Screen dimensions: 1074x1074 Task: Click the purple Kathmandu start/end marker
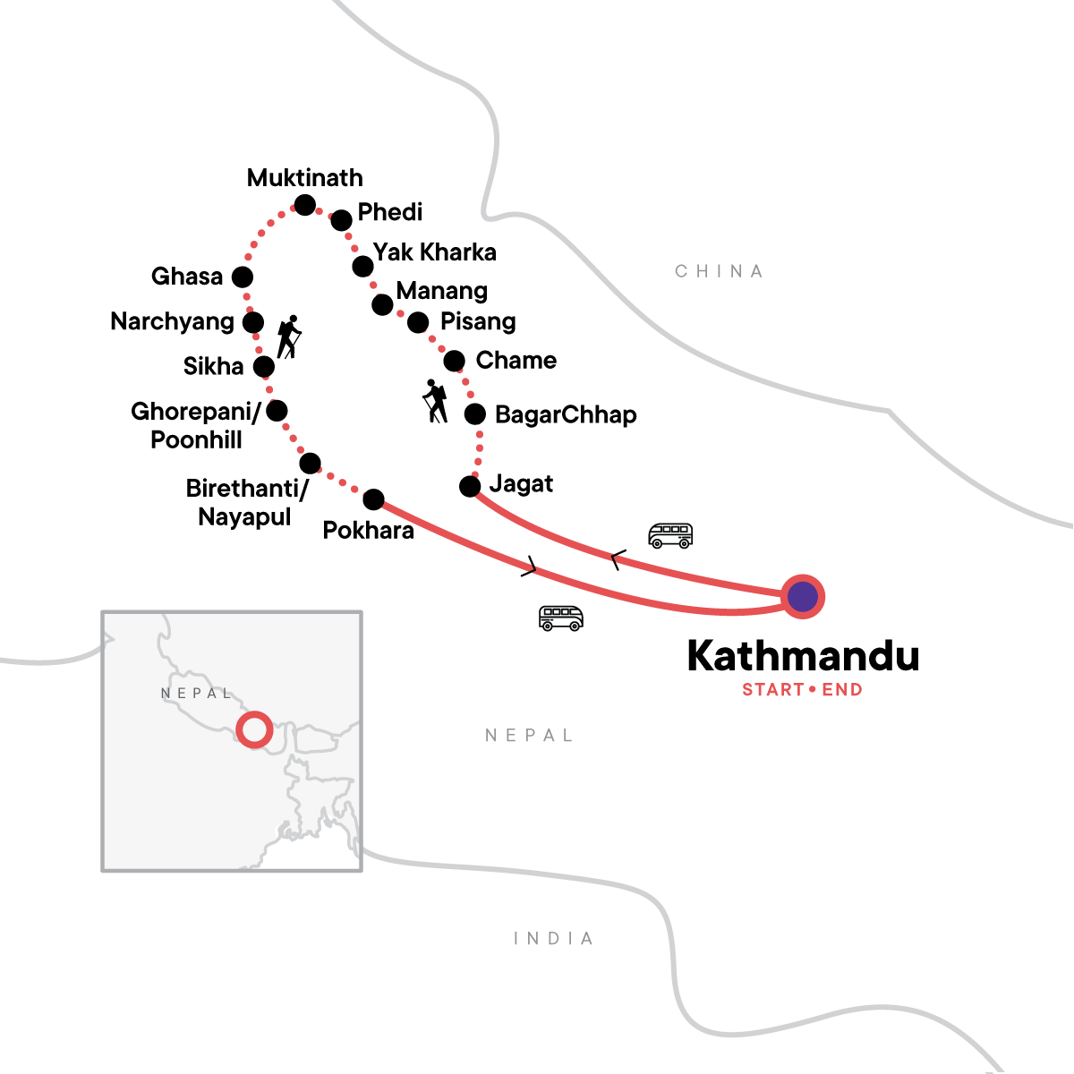(803, 596)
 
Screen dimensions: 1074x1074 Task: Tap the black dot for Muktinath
(305, 205)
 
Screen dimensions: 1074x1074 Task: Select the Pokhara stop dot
(373, 499)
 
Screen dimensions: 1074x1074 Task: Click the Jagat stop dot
(470, 486)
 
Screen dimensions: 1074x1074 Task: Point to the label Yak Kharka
(435, 252)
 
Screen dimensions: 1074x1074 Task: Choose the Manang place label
(442, 291)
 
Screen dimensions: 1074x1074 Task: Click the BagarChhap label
(566, 414)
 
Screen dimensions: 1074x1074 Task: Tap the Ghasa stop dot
(243, 277)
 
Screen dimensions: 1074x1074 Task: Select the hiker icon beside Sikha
(289, 337)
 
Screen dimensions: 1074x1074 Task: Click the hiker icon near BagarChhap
(436, 401)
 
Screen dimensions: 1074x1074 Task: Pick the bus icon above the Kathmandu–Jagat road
(670, 535)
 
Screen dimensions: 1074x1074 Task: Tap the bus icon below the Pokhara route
(561, 618)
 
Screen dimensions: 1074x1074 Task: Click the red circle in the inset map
(254, 729)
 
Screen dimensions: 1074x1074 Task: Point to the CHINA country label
(719, 271)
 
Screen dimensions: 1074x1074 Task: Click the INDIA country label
(553, 938)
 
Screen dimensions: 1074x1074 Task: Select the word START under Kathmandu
(773, 690)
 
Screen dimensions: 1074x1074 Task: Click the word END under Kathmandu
(842, 690)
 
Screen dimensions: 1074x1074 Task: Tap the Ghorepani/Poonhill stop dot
(277, 411)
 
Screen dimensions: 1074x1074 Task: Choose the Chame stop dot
(455, 362)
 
